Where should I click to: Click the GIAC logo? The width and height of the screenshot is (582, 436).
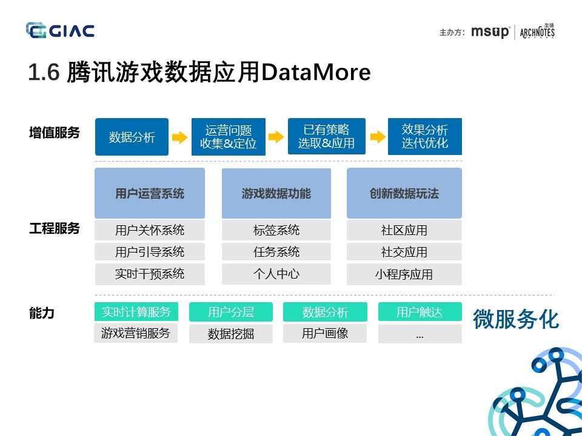point(60,30)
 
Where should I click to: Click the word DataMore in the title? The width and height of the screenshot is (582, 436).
point(315,73)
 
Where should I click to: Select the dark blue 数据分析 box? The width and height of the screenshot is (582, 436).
point(132,137)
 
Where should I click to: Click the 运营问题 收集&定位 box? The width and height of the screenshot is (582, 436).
point(229,137)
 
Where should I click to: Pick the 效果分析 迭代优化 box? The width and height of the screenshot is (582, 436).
point(424,137)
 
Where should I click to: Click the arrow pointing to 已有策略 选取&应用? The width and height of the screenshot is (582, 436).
point(276,137)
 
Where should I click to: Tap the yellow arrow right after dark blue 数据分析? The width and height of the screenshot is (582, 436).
point(179,137)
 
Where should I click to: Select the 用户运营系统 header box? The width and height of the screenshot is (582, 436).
point(150,193)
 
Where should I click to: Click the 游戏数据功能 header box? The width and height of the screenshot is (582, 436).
point(276,193)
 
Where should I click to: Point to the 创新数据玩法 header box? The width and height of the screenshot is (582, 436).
point(404,193)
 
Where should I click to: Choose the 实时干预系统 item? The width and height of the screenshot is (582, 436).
point(150,274)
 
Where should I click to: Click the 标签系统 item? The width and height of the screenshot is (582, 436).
point(276,230)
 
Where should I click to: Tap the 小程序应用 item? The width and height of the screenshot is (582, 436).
point(404,274)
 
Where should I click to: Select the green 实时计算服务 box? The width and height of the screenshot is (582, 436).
point(136,312)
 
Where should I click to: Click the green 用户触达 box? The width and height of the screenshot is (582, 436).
point(420,312)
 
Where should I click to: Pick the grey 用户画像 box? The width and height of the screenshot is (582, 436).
point(325,333)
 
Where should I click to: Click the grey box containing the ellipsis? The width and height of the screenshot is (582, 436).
point(420,334)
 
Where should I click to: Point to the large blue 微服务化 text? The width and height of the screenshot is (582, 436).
point(515,319)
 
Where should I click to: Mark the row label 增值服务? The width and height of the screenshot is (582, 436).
point(55,133)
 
